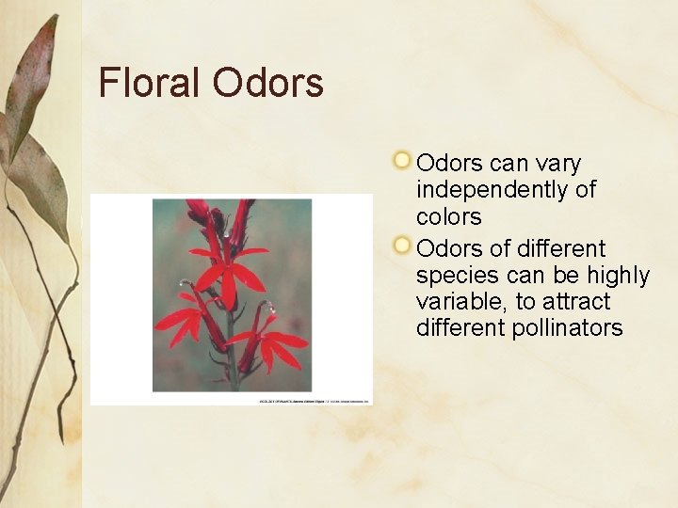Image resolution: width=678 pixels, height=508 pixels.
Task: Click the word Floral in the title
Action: tap(151, 83)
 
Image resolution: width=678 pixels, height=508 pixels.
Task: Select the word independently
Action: tap(506, 189)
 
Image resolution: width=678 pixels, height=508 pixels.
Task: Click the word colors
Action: tap(448, 216)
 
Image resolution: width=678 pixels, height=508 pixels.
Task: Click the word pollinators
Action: tap(568, 328)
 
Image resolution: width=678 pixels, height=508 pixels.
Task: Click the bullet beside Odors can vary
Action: tap(403, 160)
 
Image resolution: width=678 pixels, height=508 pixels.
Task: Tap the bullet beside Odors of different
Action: tap(403, 246)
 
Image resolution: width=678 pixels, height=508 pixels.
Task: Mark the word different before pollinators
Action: tap(460, 328)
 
